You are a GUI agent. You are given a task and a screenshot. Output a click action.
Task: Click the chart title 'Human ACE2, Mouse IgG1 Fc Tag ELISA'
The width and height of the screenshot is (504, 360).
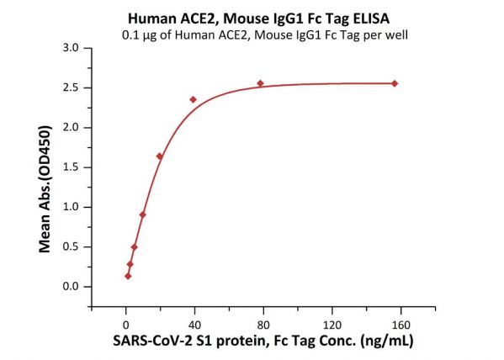259,19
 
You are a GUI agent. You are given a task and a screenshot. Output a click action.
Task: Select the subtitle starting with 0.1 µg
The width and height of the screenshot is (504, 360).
265,34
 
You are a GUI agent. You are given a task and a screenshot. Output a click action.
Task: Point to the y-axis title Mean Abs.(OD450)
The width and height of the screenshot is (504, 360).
45,189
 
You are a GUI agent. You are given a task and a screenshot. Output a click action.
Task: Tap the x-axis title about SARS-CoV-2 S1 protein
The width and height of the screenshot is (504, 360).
263,341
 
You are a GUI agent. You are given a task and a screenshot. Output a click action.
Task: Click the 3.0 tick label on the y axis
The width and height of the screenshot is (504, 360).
71,48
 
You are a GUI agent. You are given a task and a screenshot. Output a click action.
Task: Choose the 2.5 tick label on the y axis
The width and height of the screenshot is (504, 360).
71,87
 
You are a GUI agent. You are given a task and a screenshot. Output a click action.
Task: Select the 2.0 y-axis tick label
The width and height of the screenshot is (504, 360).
71,128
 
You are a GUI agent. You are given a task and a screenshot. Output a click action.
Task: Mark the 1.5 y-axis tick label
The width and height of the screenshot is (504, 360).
71,167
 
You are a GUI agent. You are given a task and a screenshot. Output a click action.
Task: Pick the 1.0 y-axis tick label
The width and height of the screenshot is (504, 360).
71,207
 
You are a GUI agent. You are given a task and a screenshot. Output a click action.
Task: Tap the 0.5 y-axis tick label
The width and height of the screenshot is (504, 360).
71,246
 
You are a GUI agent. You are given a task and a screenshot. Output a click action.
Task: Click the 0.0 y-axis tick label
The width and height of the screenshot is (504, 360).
71,286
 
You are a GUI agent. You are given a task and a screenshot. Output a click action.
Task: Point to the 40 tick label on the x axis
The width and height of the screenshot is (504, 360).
194,326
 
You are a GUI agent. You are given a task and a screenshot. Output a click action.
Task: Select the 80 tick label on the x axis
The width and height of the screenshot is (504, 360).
263,326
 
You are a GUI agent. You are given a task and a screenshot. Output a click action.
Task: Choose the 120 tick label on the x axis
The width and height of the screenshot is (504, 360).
332,326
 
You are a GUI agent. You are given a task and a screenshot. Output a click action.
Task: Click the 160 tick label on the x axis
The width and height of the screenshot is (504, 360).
401,326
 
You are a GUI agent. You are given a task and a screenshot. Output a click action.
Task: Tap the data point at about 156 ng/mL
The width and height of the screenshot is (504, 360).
395,83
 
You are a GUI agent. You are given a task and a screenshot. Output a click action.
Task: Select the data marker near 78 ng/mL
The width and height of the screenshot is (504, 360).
260,83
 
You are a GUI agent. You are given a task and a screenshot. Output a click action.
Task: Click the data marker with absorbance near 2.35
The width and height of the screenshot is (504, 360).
194,99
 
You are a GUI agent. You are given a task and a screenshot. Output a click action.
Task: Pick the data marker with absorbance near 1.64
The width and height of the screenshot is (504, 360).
159,156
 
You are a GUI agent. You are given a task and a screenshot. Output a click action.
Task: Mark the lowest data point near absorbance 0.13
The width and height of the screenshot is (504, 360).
128,276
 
